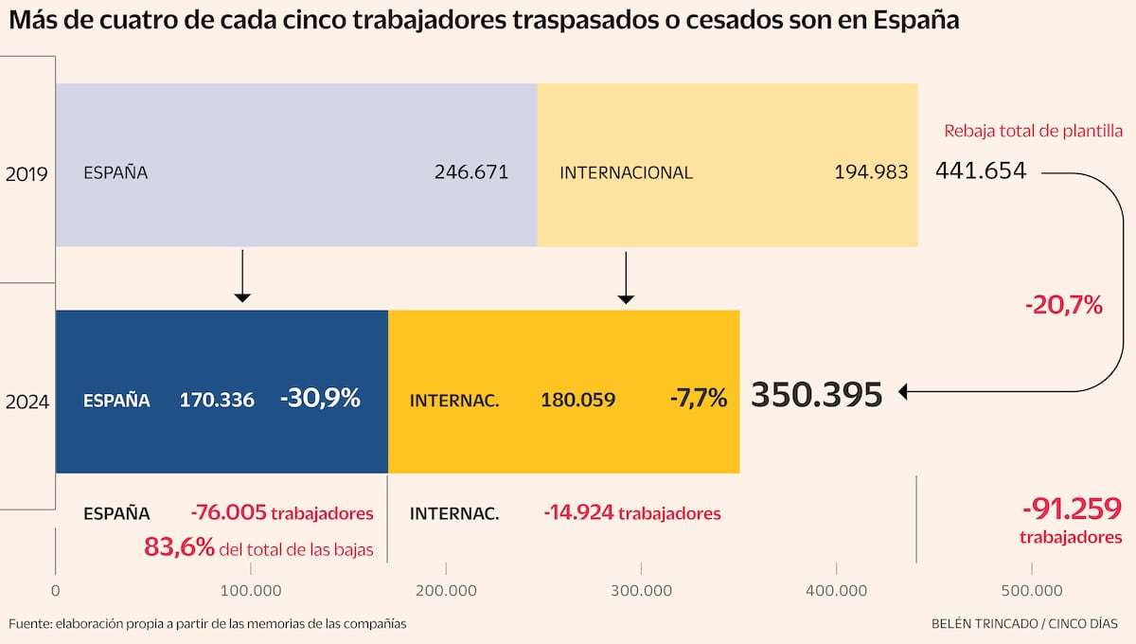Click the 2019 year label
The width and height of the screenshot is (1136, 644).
click(x=27, y=173)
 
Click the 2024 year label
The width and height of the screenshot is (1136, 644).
click(x=27, y=401)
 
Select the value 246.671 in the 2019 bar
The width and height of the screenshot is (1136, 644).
click(x=471, y=172)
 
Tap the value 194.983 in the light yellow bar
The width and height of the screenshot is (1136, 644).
click(x=871, y=172)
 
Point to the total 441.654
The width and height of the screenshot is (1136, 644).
click(x=981, y=171)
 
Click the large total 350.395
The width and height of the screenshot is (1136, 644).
click(x=817, y=395)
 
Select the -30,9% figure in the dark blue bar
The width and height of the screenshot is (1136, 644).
click(x=320, y=399)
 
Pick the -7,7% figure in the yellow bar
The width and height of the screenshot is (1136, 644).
click(x=698, y=399)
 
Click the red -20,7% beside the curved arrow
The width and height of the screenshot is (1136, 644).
click(x=1063, y=305)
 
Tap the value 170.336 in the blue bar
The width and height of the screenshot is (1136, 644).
click(x=217, y=400)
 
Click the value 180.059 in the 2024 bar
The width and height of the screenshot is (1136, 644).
click(x=577, y=400)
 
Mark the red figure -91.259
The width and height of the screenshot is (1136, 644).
click(x=1072, y=510)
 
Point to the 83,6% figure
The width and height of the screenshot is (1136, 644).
click(x=179, y=546)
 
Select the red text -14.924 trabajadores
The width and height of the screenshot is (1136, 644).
click(x=631, y=513)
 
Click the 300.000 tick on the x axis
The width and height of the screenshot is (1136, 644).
click(x=641, y=590)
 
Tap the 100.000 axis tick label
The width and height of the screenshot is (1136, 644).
click(x=250, y=590)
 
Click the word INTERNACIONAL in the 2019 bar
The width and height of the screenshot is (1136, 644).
click(x=626, y=172)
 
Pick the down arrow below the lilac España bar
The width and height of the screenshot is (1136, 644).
click(x=242, y=276)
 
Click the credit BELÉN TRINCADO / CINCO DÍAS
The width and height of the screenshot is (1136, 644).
click(x=1024, y=623)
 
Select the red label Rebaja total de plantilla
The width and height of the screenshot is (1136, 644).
click(x=1033, y=132)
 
